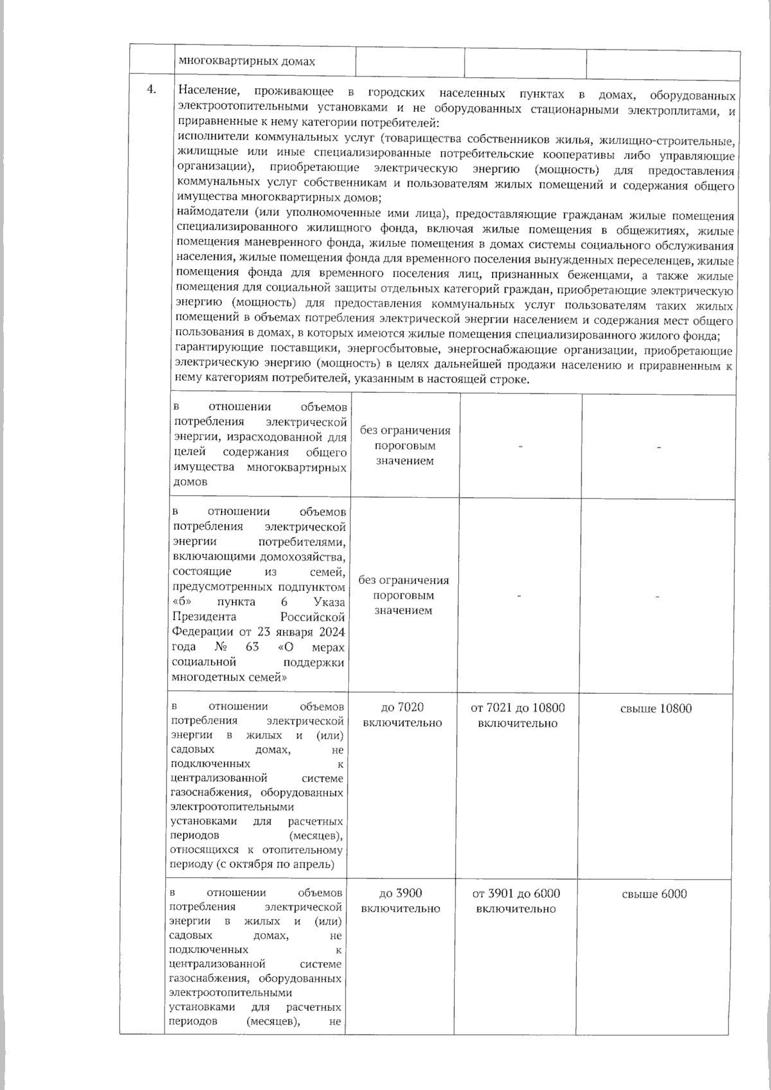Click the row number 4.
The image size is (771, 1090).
tap(152, 89)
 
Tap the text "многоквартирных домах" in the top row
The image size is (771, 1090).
tap(247, 62)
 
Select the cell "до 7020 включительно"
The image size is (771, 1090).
tap(402, 715)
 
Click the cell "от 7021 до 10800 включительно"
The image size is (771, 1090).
tap(518, 715)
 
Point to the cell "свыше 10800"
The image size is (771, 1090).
tap(656, 709)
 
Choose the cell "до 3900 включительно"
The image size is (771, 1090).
tap(401, 901)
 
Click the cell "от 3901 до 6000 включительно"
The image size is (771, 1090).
tap(516, 901)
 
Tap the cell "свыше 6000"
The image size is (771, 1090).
tap(655, 894)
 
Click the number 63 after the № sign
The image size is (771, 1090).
tap(252, 646)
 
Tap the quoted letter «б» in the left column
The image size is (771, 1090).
tap(182, 602)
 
